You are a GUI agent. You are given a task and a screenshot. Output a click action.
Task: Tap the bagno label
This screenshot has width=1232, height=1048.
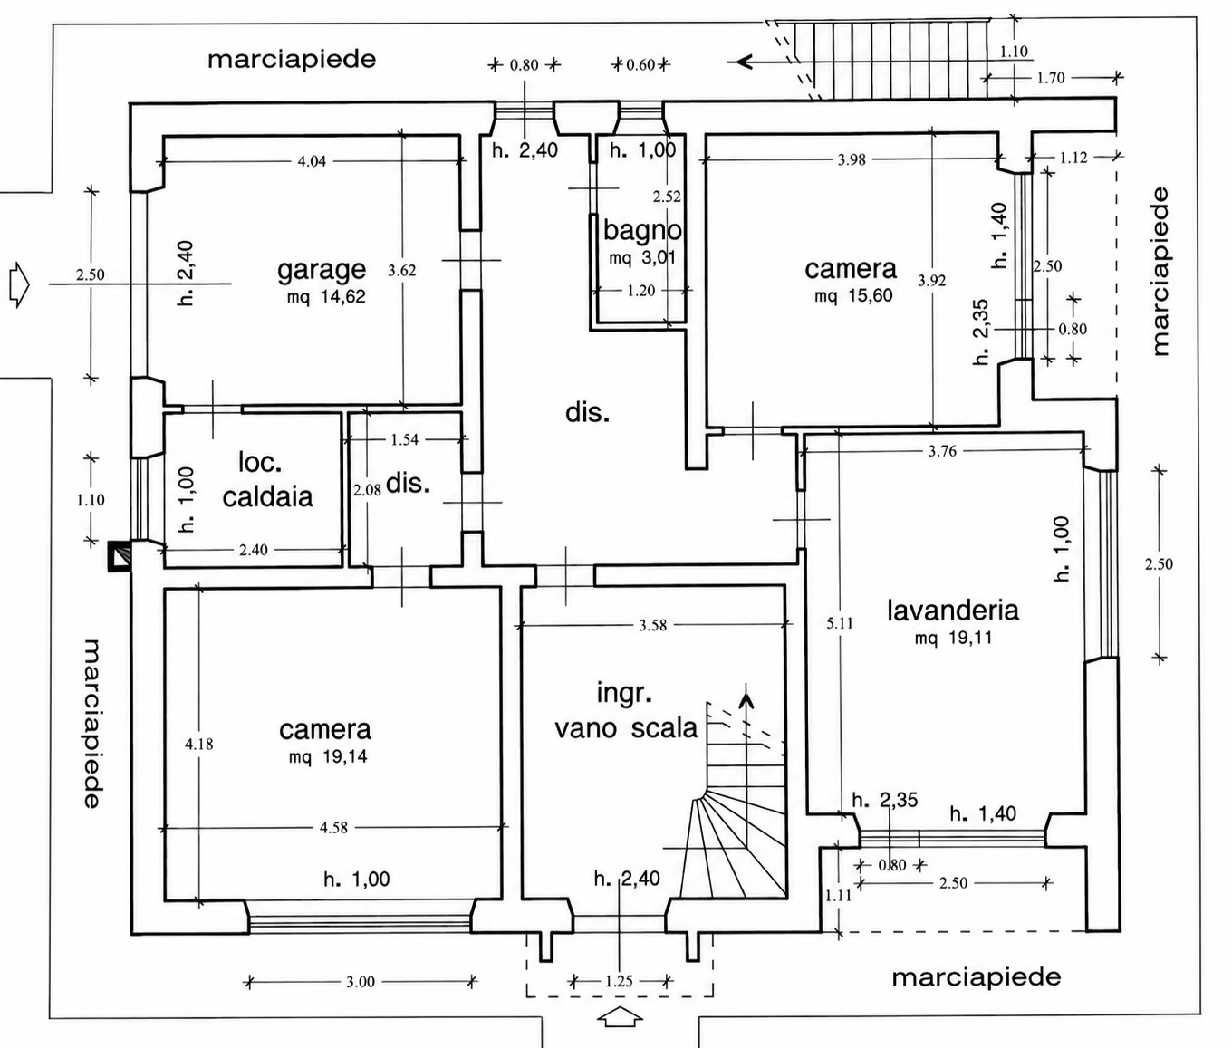click(x=642, y=231)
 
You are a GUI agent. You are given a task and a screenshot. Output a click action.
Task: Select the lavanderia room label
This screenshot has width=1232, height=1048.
click(x=952, y=611)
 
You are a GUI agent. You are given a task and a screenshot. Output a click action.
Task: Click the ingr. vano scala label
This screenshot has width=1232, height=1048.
click(x=626, y=711)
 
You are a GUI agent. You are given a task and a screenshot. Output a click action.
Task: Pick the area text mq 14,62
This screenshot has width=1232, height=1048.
click(x=326, y=296)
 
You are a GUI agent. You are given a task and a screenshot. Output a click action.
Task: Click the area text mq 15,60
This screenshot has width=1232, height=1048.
click(x=853, y=295)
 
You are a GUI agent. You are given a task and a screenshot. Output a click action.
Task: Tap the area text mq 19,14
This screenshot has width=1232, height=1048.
click(x=328, y=756)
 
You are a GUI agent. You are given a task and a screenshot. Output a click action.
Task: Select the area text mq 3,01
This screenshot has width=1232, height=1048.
click(x=642, y=258)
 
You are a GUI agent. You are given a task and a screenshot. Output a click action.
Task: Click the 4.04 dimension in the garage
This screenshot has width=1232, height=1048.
click(x=312, y=161)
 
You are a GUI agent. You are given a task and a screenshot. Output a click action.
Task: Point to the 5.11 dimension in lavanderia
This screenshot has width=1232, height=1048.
click(x=840, y=623)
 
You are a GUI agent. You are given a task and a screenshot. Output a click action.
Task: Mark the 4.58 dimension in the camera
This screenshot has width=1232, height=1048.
click(x=333, y=827)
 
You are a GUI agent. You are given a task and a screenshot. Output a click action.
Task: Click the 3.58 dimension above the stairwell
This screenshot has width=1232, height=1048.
click(x=652, y=625)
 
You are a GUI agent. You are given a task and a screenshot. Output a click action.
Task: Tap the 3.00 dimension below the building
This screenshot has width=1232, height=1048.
click(x=361, y=981)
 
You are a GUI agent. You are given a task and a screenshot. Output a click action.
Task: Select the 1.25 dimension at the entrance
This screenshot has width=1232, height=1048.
click(x=619, y=981)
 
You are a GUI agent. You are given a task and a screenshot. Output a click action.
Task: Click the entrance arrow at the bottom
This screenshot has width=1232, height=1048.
click(x=620, y=1016)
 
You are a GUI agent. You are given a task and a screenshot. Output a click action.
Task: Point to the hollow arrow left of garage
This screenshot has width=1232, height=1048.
click(x=19, y=285)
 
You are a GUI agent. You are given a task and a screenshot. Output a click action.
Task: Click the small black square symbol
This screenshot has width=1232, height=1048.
click(x=120, y=556)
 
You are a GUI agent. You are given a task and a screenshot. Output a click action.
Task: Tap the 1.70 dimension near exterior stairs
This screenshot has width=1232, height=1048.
click(x=1050, y=78)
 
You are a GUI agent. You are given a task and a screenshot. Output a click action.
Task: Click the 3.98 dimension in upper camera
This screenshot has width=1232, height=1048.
click(x=852, y=159)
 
